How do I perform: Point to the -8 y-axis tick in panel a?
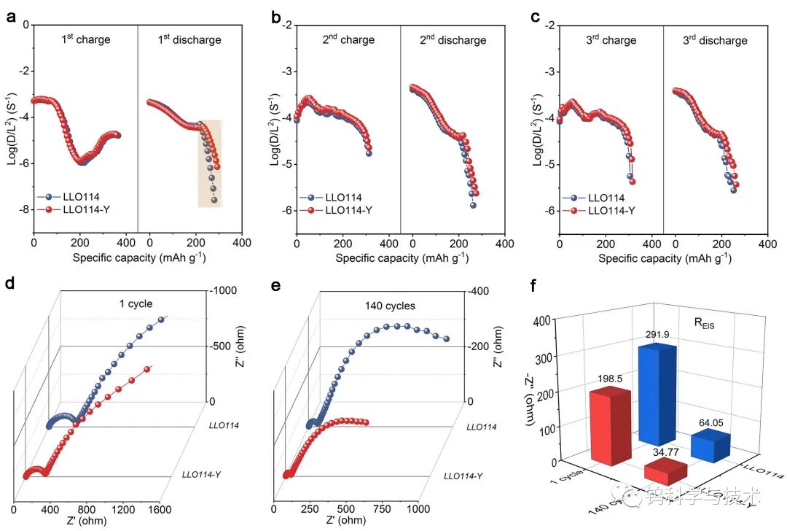point(23,210)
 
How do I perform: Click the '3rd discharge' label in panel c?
point(715,40)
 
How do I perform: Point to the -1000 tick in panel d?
point(224,291)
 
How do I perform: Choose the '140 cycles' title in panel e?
point(391,306)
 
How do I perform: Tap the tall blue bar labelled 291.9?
point(657,394)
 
